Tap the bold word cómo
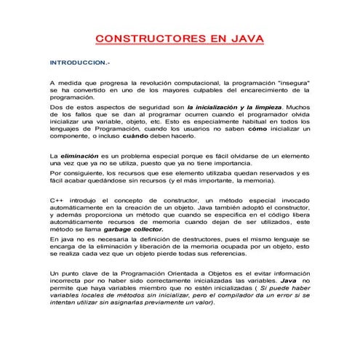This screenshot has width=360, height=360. [x=258, y=127]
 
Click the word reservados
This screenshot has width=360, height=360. [x=271, y=175]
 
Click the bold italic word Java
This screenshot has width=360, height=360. [x=289, y=279]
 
